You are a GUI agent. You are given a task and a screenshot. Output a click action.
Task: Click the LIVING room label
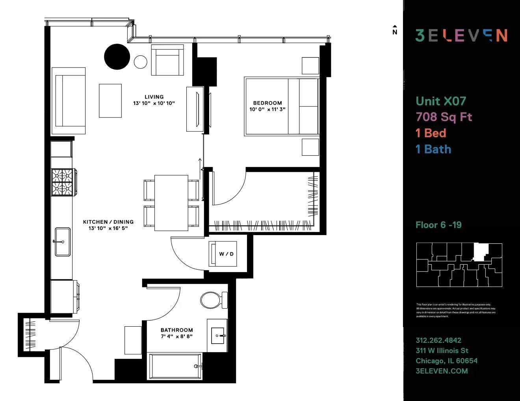(154, 97)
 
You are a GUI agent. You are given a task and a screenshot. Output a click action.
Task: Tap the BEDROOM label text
(267, 103)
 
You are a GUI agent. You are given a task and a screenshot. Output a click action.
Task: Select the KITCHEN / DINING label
(108, 222)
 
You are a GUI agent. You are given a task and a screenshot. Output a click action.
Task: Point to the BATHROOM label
(176, 330)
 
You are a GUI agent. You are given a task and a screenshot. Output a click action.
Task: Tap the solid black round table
(117, 57)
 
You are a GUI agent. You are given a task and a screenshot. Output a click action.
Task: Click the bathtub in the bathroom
(175, 366)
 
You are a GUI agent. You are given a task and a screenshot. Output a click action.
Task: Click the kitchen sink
(63, 241)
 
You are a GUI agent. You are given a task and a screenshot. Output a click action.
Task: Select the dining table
(171, 203)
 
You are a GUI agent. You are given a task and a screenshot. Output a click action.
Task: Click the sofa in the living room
(69, 101)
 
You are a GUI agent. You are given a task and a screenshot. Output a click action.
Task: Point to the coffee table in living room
(110, 101)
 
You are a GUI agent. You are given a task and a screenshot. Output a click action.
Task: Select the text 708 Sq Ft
(444, 117)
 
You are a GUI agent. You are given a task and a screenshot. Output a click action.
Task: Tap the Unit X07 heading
(441, 101)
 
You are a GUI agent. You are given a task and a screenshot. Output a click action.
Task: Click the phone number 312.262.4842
(438, 340)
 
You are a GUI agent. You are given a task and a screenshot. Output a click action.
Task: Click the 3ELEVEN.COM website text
(442, 371)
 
